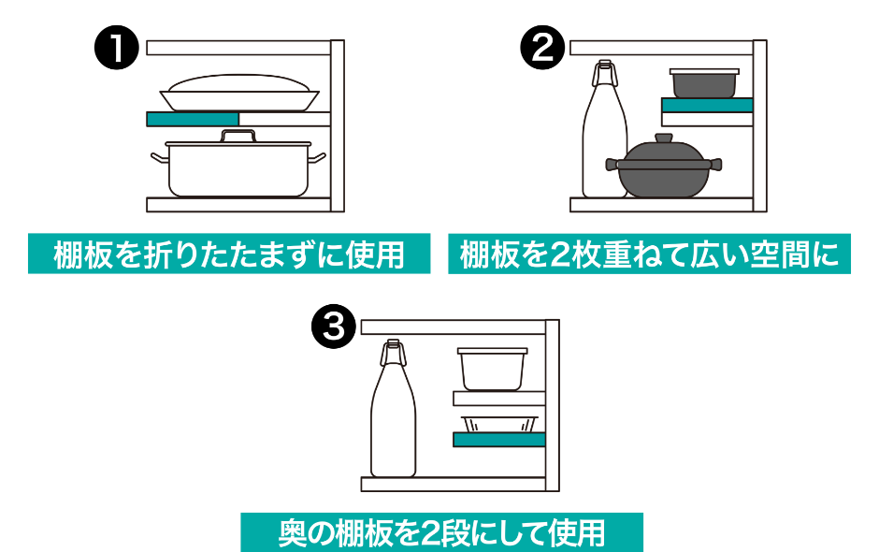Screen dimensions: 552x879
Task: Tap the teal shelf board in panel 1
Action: [193, 119]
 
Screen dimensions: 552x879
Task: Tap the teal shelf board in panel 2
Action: [707, 105]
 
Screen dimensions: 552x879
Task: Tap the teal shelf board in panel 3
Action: [498, 439]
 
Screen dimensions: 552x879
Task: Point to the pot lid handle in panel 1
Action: [238, 137]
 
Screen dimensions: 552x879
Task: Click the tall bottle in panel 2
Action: [603, 140]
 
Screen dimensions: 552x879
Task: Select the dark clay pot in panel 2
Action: [663, 172]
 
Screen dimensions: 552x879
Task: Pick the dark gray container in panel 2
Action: [704, 83]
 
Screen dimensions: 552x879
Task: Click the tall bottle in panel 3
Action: [393, 421]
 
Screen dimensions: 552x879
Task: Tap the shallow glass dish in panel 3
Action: [499, 424]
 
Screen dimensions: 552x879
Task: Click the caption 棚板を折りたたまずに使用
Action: [229, 254]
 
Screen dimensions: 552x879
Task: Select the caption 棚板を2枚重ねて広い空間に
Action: [650, 254]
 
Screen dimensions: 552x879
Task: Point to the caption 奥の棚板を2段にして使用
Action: [441, 532]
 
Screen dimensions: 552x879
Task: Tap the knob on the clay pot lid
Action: [663, 138]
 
